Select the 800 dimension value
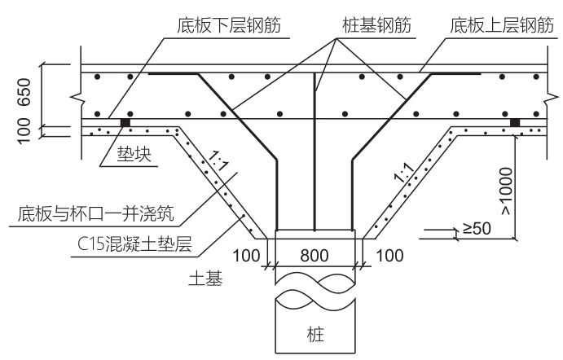(314, 254)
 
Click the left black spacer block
(125, 123)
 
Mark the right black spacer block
(515, 123)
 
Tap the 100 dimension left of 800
(247, 254)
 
